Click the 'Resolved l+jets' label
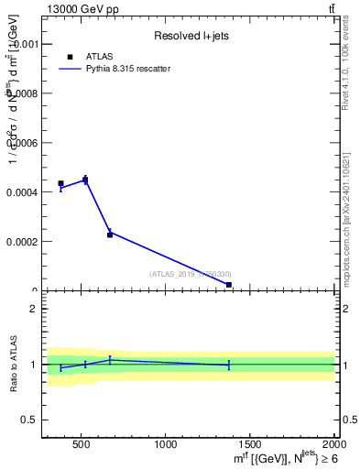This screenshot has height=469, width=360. click(x=190, y=36)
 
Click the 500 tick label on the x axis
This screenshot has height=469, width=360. click(x=81, y=446)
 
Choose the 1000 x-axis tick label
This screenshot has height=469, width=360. click(x=166, y=446)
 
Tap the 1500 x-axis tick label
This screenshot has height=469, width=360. click(x=251, y=446)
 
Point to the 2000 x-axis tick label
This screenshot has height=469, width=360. click(x=333, y=446)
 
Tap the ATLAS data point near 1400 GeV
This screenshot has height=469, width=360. click(x=228, y=285)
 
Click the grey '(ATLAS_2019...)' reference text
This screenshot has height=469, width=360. click(x=191, y=273)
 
